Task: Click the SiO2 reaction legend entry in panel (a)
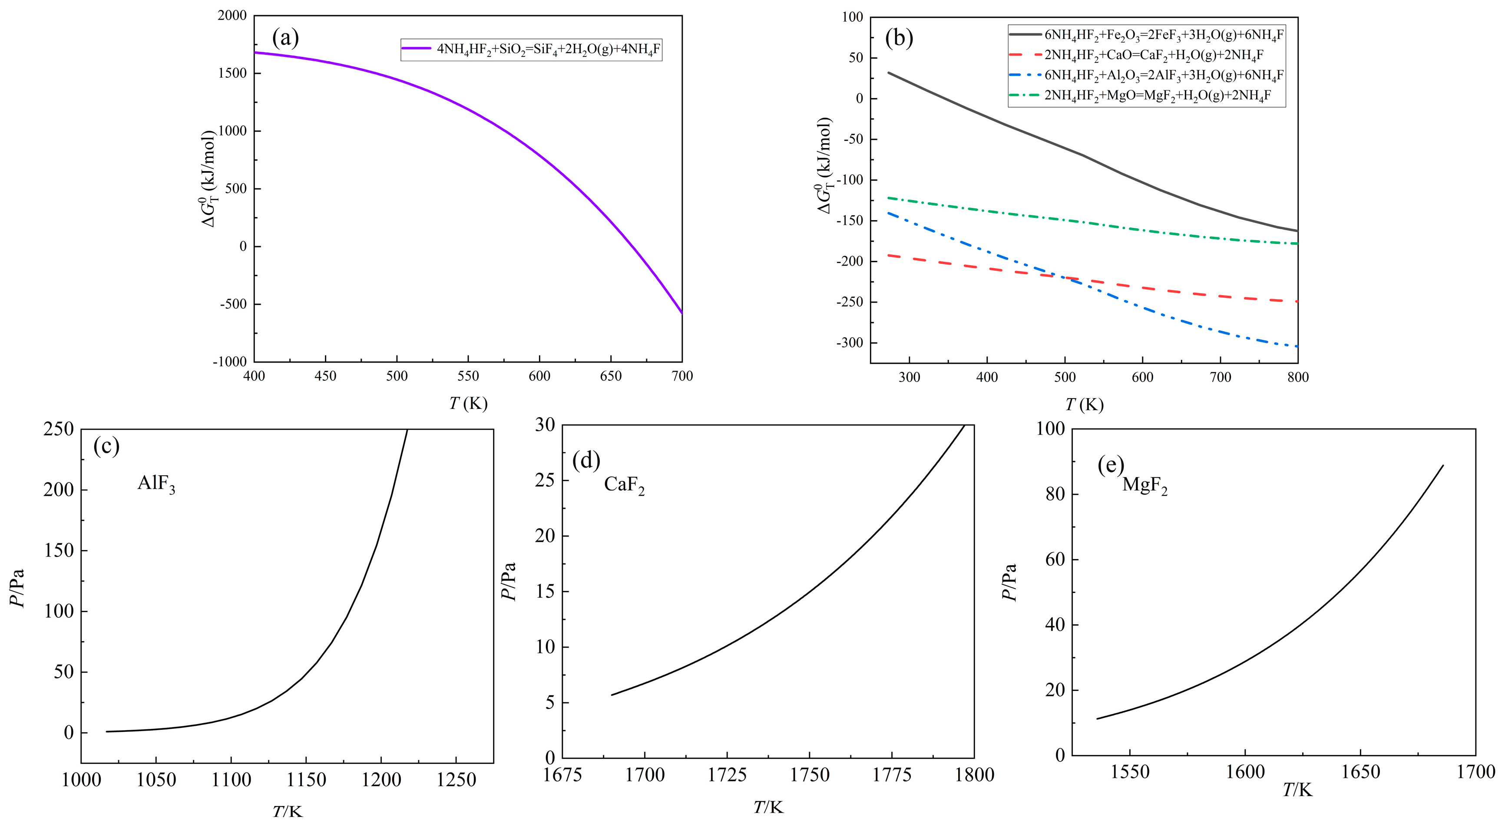coord(548,49)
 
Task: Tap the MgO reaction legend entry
coord(1157,95)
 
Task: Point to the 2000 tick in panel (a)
coord(232,16)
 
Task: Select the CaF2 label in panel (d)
coord(624,485)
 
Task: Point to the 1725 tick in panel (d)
coord(727,775)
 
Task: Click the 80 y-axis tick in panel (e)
coord(1055,494)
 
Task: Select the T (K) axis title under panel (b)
coord(1084,405)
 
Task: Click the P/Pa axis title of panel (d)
coord(509,581)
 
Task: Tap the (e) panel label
coord(1110,465)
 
